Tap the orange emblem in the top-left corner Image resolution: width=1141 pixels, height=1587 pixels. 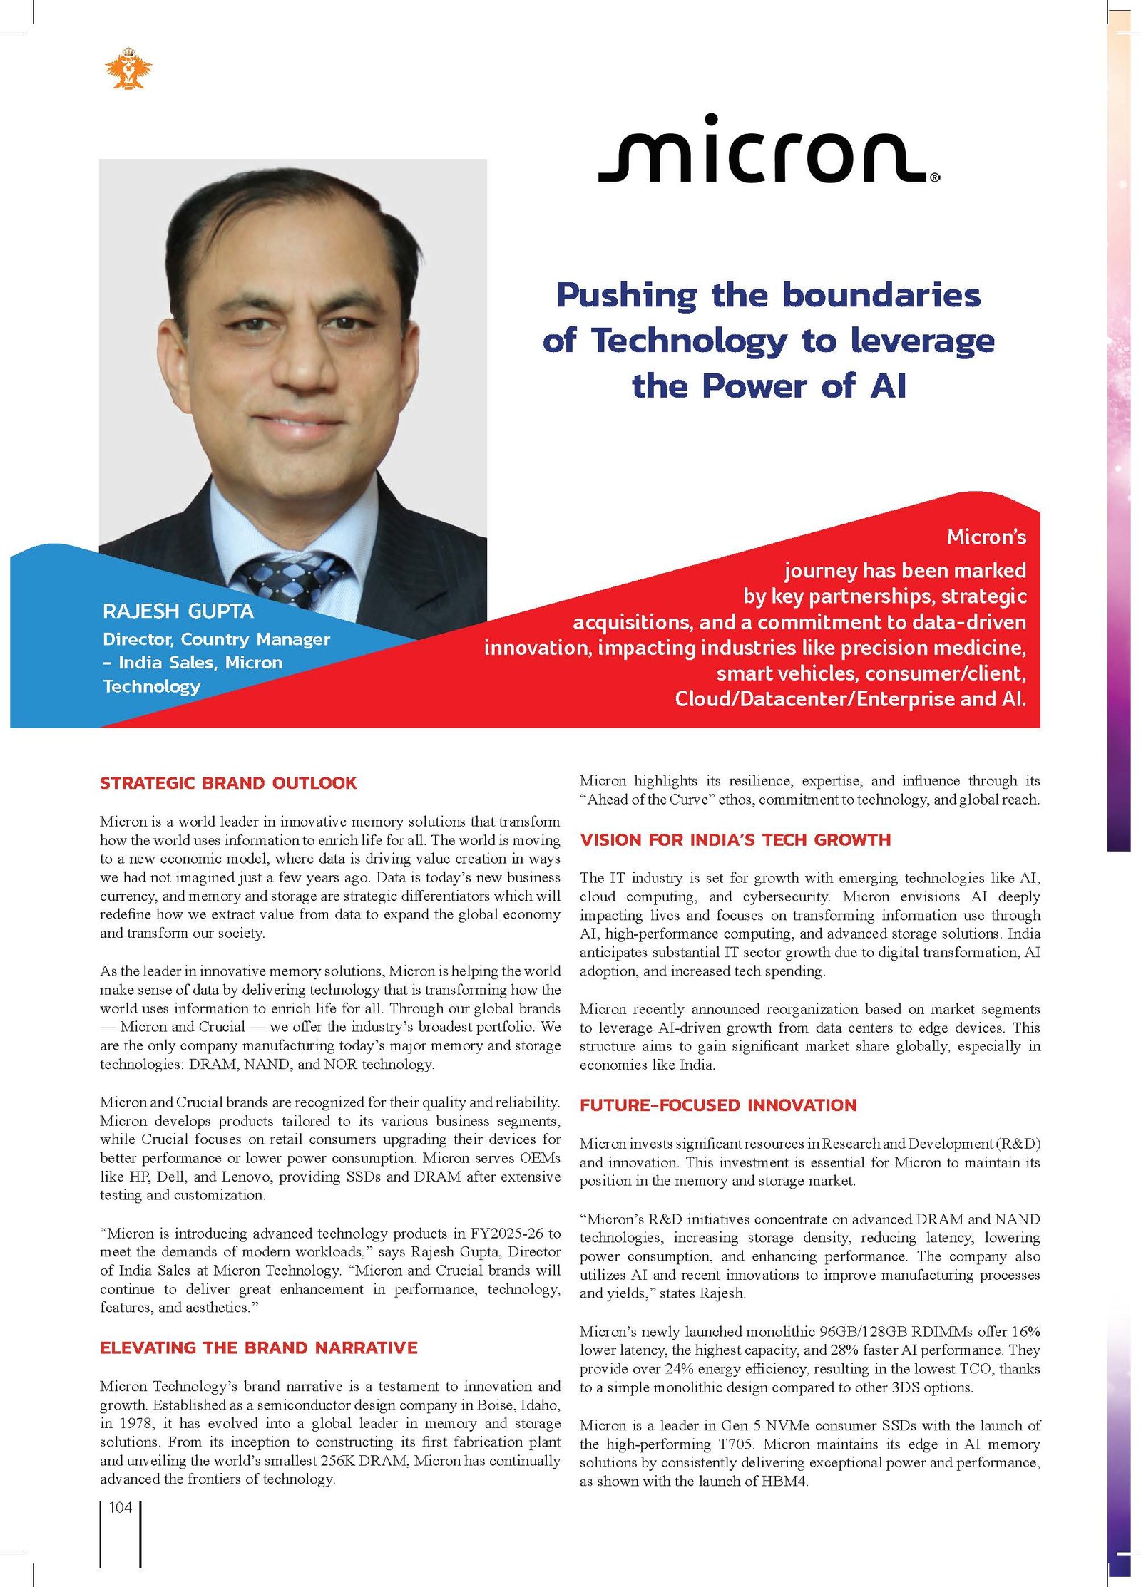pyautogui.click(x=128, y=69)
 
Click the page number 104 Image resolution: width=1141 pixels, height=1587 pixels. pyautogui.click(x=121, y=1507)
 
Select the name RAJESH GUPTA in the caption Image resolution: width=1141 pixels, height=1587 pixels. pyautogui.click(x=178, y=611)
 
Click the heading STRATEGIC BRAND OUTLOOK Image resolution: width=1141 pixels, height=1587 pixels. pyautogui.click(x=228, y=783)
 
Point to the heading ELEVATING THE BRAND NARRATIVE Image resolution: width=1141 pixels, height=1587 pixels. pyautogui.click(x=258, y=1348)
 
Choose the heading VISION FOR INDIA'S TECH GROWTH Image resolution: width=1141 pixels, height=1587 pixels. pyautogui.click(x=735, y=839)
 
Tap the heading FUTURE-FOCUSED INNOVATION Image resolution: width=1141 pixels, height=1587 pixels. pyautogui.click(x=718, y=1105)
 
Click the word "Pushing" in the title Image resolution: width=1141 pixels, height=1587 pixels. pyautogui.click(x=627, y=295)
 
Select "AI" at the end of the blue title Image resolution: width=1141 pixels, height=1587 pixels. pyautogui.click(x=889, y=386)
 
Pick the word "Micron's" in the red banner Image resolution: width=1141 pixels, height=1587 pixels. pyautogui.click(x=986, y=537)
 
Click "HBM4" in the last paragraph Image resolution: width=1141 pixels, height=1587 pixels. pyautogui.click(x=784, y=1481)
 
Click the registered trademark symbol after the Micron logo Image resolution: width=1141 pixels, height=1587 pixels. pyautogui.click(x=935, y=178)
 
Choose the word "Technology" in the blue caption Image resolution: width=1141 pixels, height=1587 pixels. pyautogui.click(x=152, y=686)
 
